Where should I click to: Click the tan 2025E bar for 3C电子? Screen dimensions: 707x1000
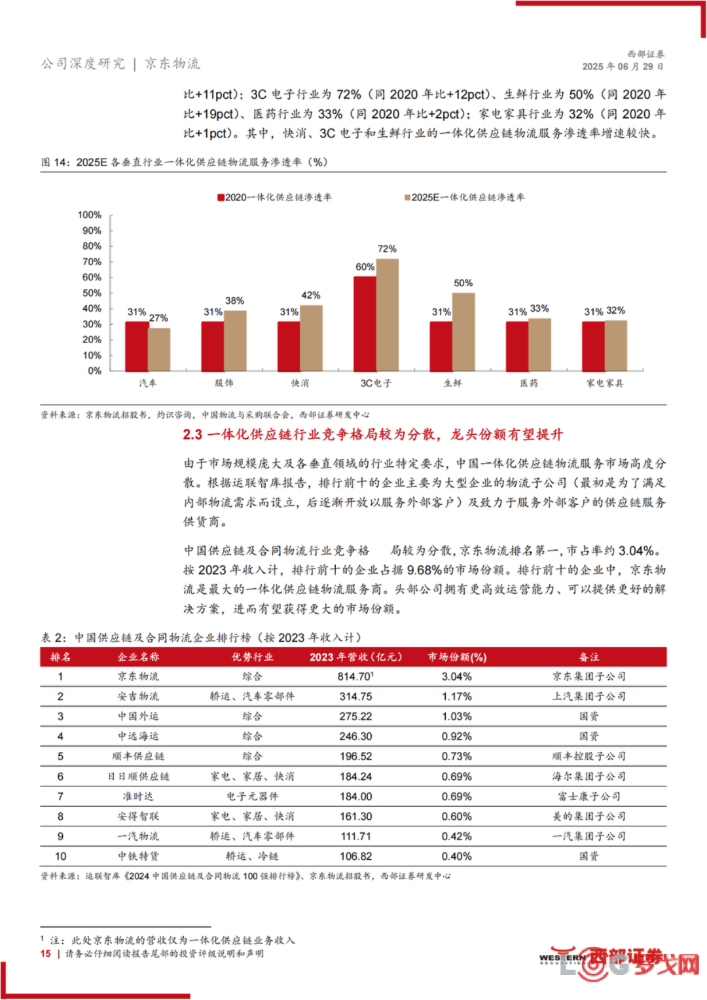coord(388,315)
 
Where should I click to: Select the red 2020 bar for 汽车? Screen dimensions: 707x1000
coord(137,346)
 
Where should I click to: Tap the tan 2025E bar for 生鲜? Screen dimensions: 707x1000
coord(463,332)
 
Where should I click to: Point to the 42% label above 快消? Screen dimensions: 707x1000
coord(311,295)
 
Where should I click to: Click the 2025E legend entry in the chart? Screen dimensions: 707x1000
coord(464,197)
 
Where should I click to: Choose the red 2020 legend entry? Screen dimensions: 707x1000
coord(274,197)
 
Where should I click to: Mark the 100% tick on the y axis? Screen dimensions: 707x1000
coord(90,215)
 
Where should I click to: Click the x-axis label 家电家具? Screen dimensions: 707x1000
coord(605,383)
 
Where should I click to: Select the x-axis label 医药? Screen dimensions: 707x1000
coord(529,383)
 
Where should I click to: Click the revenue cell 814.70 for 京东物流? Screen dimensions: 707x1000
coord(355,676)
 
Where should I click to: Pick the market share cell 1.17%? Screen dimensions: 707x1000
coord(457,696)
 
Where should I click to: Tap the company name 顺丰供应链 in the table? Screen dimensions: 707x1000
coord(138,756)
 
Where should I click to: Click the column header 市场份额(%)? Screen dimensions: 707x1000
coord(457,657)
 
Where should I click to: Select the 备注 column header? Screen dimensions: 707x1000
coord(589,657)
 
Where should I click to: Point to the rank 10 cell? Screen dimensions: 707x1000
coord(61,856)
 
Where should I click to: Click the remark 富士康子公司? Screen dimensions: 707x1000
coord(589,796)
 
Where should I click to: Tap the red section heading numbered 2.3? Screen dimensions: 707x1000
coord(373,434)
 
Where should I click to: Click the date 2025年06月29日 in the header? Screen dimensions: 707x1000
coord(623,67)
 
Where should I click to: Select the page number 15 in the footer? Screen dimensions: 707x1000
coord(46,954)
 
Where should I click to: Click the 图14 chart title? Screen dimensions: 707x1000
coord(185,162)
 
